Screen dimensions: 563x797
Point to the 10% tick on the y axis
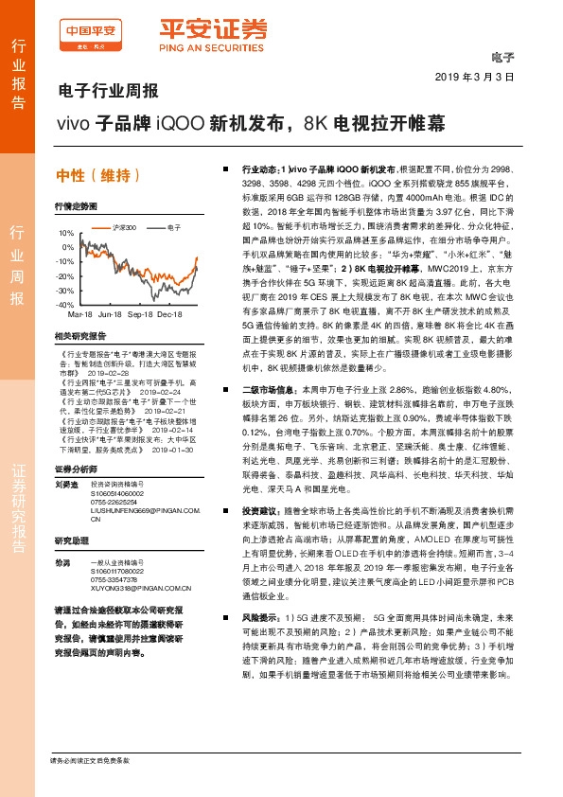click(65, 233)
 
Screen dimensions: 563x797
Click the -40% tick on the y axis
click(64, 306)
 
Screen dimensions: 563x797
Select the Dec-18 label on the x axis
click(169, 312)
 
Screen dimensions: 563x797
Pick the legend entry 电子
click(173, 228)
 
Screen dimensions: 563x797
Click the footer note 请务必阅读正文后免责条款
click(89, 760)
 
